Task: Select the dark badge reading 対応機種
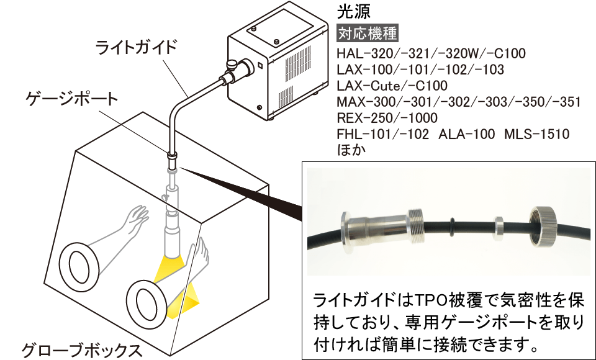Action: pos(367,32)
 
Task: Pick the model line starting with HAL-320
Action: pos(430,53)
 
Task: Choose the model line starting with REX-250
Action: pos(387,118)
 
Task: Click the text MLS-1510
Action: pos(537,134)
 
